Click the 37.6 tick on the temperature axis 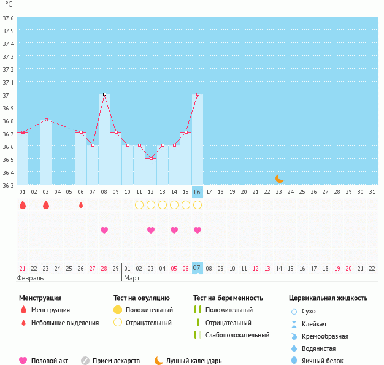pyautogui.click(x=8, y=18)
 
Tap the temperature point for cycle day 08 pyautogui.click(x=104, y=94)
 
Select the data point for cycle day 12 pyautogui.click(x=151, y=158)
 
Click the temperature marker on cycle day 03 pyautogui.click(x=46, y=120)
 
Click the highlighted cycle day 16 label pyautogui.click(x=197, y=192)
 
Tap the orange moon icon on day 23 pyautogui.click(x=280, y=179)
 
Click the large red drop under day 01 pyautogui.click(x=23, y=205)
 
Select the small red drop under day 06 pyautogui.click(x=81, y=205)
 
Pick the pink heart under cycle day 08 pyautogui.click(x=104, y=230)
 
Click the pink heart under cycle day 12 pyautogui.click(x=151, y=230)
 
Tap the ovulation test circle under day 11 pyautogui.click(x=139, y=205)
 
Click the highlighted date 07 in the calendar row pyautogui.click(x=197, y=268)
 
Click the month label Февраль pyautogui.click(x=31, y=278)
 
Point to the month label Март pyautogui.click(x=132, y=278)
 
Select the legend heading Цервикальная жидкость pyautogui.click(x=328, y=298)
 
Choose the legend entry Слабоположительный pyautogui.click(x=237, y=335)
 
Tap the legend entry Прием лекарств pyautogui.click(x=116, y=361)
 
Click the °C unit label pyautogui.click(x=8, y=5)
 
